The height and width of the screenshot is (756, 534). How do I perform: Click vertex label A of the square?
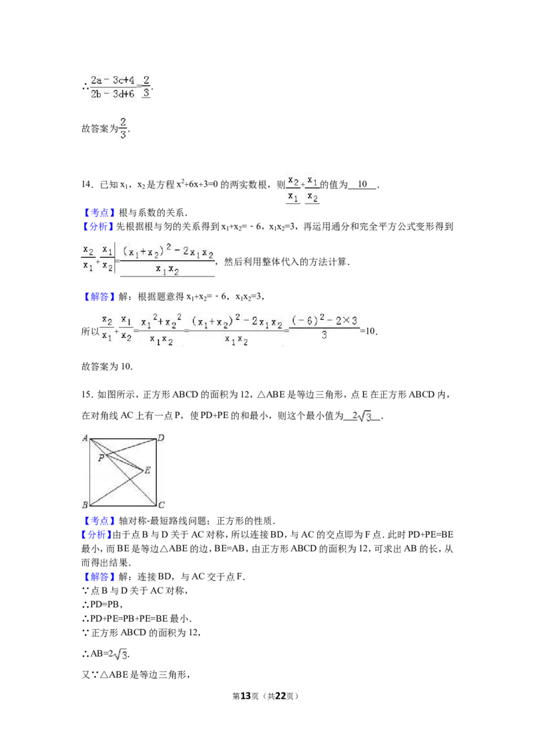coord(85,438)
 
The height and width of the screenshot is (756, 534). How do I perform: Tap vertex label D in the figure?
coord(161,438)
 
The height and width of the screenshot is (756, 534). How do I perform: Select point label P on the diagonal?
coord(101,457)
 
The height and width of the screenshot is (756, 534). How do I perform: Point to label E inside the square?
coord(148,470)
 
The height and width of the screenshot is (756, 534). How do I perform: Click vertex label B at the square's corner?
coord(85,505)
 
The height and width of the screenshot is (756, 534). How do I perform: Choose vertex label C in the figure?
coord(162,505)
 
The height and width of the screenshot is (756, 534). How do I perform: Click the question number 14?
coord(87,184)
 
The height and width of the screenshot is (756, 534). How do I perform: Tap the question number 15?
coord(87,395)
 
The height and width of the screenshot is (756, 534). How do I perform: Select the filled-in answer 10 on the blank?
coord(362,184)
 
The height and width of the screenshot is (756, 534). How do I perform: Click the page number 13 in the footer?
coord(246,696)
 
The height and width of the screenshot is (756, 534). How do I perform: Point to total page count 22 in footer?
coord(280,696)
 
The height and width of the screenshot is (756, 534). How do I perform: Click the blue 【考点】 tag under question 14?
coord(99,212)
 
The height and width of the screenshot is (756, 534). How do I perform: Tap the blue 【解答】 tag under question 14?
coord(99,297)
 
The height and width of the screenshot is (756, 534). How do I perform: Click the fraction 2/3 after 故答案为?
coord(123,128)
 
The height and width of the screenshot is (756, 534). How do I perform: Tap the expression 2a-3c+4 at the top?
coord(113,80)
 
